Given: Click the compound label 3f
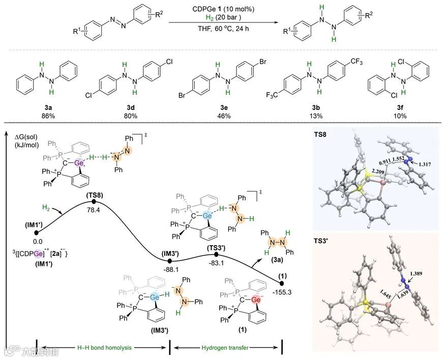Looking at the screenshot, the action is pyautogui.click(x=399, y=107).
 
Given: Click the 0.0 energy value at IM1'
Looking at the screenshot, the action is pyautogui.click(x=37, y=242).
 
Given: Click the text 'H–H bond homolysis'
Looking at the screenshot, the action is pyautogui.click(x=104, y=347).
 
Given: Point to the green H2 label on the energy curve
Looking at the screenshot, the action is pyautogui.click(x=46, y=206).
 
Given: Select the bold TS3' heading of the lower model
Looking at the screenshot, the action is pyautogui.click(x=326, y=244).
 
